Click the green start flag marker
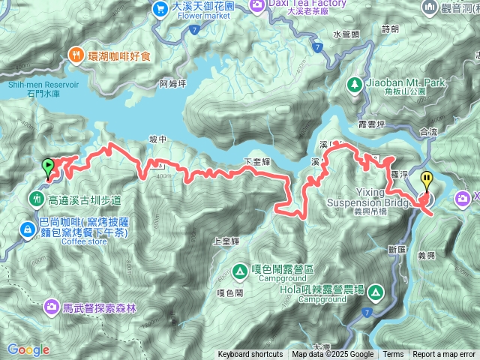(x=49, y=166)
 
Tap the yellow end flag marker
(x=427, y=181)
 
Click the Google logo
(x=28, y=349)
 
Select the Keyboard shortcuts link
(x=250, y=355)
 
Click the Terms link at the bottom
(x=393, y=355)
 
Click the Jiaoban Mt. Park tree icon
(x=352, y=85)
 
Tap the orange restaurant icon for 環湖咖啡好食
(x=76, y=54)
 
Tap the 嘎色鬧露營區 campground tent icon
(x=240, y=269)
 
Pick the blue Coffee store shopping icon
(x=27, y=227)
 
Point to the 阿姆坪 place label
(x=172, y=85)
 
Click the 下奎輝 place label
(x=257, y=161)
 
